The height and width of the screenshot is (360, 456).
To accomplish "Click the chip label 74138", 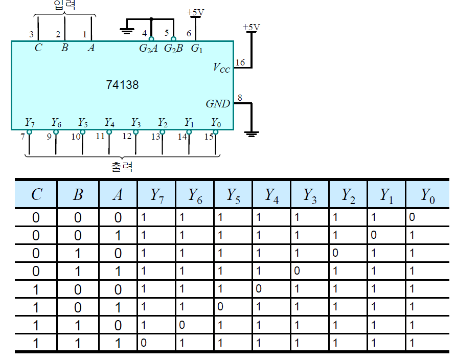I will [122, 84].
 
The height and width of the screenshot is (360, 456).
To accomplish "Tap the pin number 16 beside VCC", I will [240, 62].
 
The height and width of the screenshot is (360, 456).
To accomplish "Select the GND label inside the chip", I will [218, 104].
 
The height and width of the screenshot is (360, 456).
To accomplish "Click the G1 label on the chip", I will [197, 49].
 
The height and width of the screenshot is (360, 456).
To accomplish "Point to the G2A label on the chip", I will [148, 49].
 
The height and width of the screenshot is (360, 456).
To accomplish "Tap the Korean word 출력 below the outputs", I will [121, 167].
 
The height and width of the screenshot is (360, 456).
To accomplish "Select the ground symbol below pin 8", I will [251, 134].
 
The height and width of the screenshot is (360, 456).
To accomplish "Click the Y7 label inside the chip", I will [30, 123].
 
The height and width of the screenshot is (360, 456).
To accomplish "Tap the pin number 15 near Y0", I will [209, 137].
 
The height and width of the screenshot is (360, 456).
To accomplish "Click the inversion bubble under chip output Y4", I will [109, 132].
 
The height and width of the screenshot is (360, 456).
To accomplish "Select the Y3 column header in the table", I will [310, 194].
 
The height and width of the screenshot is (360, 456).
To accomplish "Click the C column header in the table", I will [36, 194].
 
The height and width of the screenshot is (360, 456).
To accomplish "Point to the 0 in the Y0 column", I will [412, 217].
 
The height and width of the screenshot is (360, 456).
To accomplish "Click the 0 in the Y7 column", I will [143, 343].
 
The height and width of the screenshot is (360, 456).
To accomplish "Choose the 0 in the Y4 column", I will [258, 289].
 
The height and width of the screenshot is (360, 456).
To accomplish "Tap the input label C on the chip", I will [38, 49].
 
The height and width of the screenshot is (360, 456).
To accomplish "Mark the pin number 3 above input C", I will [31, 35].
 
